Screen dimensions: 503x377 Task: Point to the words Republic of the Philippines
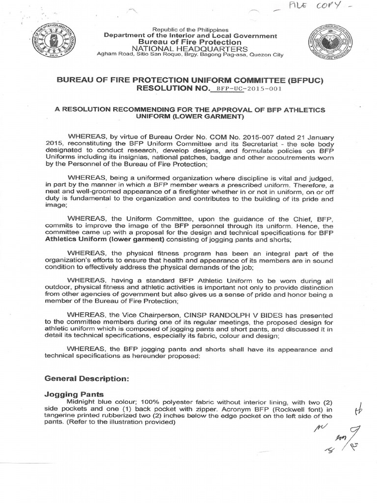[x=188, y=30]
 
